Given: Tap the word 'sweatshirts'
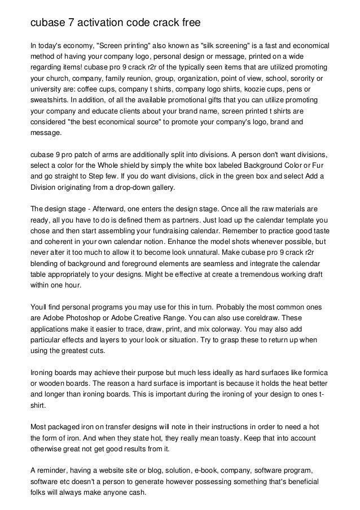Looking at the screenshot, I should coord(50,100).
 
